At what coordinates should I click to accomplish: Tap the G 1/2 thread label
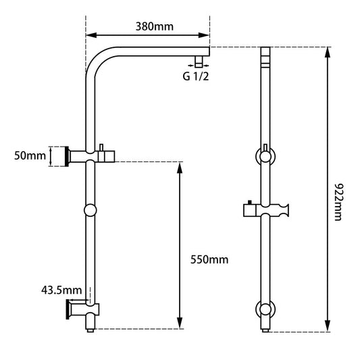[195, 76]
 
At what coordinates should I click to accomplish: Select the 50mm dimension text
[32, 156]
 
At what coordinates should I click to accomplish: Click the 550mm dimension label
[209, 259]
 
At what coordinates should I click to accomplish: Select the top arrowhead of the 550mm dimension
[180, 166]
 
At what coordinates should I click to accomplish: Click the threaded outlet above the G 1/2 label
[199, 62]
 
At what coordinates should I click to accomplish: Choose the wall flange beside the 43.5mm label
[68, 310]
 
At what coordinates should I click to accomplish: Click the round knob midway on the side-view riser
[91, 211]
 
